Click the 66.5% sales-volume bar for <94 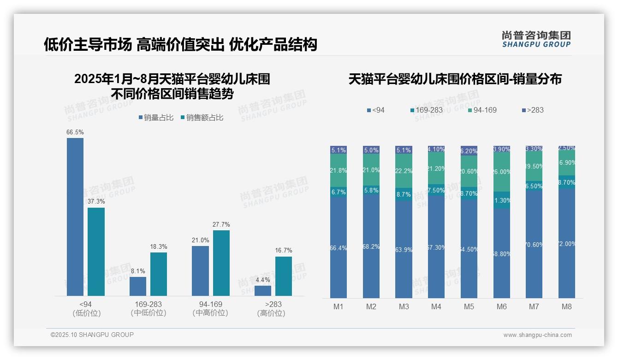pos(75,217)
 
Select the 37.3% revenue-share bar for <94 pos(96,252)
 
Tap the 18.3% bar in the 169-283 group pos(159,274)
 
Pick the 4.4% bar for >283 pos(263,291)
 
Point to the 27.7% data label pos(221,225)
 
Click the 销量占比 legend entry pos(156,118)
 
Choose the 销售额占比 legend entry pos(202,118)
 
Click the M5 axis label pos(469,307)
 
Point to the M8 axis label pos(567,307)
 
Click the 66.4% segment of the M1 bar pos(339,247)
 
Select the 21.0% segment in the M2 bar pos(371,170)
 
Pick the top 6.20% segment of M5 pos(469,151)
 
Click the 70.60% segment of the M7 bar pos(534,245)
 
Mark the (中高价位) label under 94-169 pos(210,313)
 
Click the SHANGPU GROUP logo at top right pos(536,39)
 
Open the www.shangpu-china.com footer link pos(537,335)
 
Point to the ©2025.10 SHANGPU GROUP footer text pos(92,335)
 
